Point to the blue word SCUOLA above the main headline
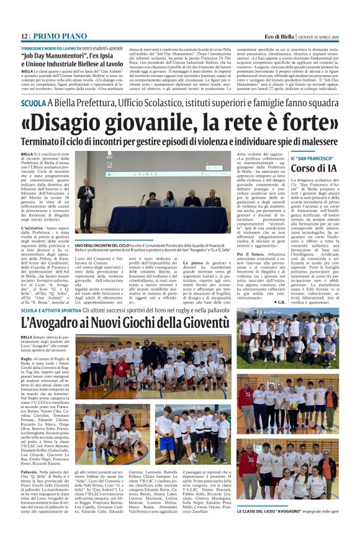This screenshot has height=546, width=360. coord(34,103)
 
